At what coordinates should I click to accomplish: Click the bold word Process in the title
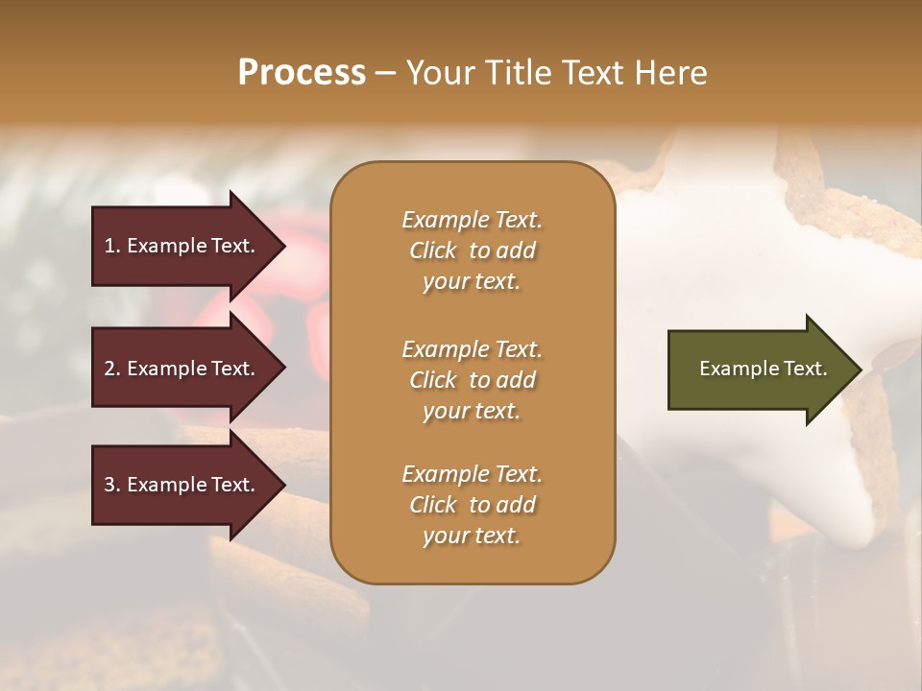coord(302,73)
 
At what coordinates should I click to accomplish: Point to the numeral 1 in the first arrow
coord(109,246)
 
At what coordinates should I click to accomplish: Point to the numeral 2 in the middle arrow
coord(109,369)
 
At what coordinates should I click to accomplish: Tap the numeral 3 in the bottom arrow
coord(109,485)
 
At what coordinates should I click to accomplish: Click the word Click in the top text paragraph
coord(432,250)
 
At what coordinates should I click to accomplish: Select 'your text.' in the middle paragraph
coord(472,411)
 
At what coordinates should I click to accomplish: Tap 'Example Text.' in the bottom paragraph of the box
coord(472,474)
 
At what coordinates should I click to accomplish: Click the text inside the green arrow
coord(763,369)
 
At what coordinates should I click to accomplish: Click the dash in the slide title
coord(386,73)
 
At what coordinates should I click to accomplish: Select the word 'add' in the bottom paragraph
coord(517,505)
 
